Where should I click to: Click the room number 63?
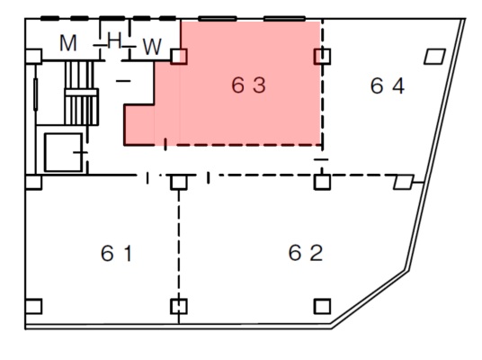[x=248, y=85]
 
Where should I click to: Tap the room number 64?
[x=388, y=85]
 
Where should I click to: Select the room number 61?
[x=117, y=253]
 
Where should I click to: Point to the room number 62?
[x=306, y=253]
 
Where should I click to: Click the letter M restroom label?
[x=68, y=43]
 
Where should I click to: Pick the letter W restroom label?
[x=152, y=47]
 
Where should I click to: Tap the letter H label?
[x=114, y=40]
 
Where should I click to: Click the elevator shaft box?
[x=63, y=152]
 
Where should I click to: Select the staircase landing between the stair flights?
[x=82, y=92]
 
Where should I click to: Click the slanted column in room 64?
[x=434, y=57]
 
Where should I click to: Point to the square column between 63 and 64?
[x=322, y=57]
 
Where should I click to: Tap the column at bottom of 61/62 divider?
[x=179, y=307]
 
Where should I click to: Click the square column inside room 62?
[x=322, y=307]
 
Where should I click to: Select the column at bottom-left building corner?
[x=33, y=307]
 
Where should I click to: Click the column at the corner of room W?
[x=179, y=57]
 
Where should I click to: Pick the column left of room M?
[x=33, y=57]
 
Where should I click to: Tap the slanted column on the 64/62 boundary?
[x=404, y=182]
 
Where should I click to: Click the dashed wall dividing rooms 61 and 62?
[x=179, y=244]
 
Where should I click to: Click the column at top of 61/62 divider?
[x=179, y=182]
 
